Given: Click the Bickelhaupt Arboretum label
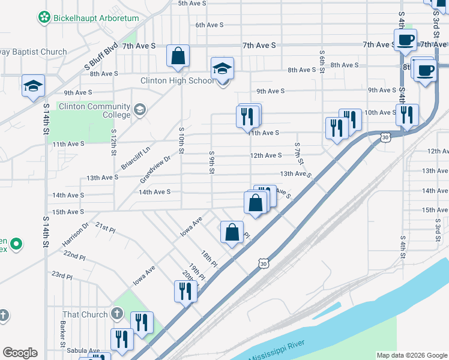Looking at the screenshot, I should (96, 18).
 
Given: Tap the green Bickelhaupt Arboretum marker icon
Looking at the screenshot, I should (44, 18).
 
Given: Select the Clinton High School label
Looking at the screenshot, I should (176, 80).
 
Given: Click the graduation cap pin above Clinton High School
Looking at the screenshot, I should (222, 69).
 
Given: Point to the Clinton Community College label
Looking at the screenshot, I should (93, 110).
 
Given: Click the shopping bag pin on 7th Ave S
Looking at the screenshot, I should (178, 56).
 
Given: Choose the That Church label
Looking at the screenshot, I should (85, 314).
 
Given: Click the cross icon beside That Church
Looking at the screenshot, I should (117, 314).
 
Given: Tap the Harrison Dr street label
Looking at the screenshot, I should (75, 235).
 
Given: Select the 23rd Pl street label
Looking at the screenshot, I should (61, 275).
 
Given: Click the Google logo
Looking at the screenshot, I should (20, 353).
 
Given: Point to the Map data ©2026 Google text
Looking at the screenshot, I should (411, 355).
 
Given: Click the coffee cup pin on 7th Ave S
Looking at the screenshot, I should (405, 40).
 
